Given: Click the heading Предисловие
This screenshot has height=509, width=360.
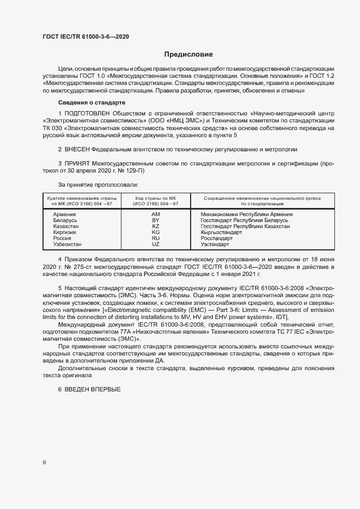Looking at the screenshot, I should [x=188, y=54].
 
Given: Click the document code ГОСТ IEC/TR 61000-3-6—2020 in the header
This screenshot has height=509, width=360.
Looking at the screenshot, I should [x=86, y=36].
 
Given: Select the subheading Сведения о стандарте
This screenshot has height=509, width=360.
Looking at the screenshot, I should [x=91, y=103].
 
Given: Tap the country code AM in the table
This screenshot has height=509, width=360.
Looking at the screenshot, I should [x=155, y=214].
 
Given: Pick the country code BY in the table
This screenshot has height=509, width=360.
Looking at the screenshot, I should [x=155, y=220].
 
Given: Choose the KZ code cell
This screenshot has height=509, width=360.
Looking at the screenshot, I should [x=155, y=226].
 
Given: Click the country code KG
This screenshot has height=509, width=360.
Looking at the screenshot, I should [x=155, y=232].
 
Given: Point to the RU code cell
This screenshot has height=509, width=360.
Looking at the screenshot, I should [x=155, y=238].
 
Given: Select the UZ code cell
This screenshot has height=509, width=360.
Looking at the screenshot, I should [x=155, y=244].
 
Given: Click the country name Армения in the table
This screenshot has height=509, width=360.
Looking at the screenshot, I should [x=64, y=214].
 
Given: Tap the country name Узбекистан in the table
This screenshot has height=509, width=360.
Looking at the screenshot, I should [x=68, y=244].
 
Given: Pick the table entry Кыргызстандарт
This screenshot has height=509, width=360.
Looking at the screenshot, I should [x=221, y=232].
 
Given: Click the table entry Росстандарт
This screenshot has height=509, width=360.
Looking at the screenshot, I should [x=216, y=238].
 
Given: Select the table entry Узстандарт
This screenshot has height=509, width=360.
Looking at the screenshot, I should [x=215, y=244].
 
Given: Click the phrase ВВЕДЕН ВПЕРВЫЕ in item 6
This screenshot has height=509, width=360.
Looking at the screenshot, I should [x=92, y=390].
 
